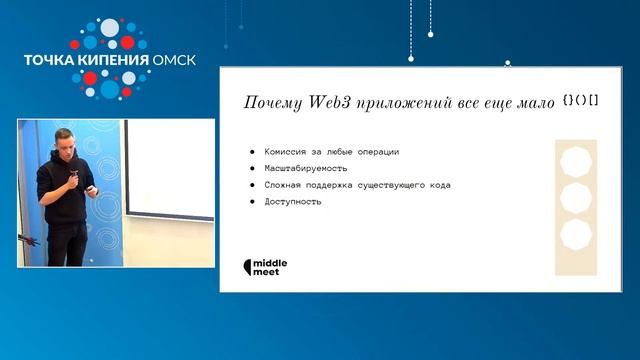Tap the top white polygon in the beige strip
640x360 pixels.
coord(576,161)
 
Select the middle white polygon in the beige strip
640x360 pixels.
coord(576,198)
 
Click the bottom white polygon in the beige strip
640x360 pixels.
coord(576,236)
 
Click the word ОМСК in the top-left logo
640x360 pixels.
coord(175,59)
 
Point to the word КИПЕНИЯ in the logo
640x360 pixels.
coord(111,59)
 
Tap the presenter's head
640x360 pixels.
coord(63,145)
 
